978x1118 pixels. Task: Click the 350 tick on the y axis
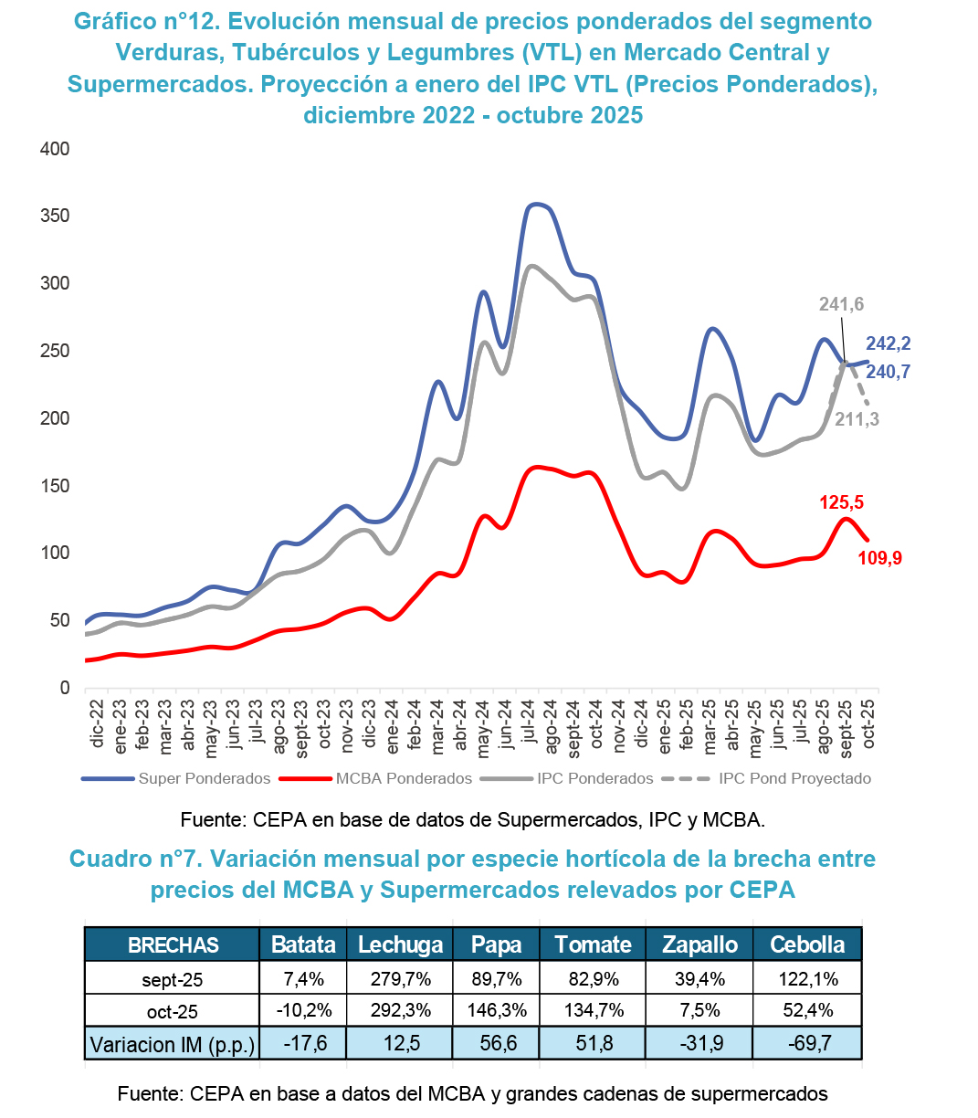pos(55,216)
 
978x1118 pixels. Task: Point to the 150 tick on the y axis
pos(55,486)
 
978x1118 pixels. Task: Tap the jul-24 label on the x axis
pos(529,727)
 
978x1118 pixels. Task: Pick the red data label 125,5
pos(841,502)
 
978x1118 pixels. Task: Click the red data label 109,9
pos(879,558)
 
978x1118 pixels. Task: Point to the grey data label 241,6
pos(841,304)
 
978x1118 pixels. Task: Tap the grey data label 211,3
pos(857,419)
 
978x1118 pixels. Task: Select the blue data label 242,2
pos(888,343)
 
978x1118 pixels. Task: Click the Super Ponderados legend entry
pos(204,779)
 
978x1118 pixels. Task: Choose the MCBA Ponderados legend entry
pos(404,779)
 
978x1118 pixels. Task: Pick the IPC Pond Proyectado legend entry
pos(794,779)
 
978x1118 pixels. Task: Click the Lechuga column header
pos(400,944)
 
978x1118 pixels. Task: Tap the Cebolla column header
pos(807,944)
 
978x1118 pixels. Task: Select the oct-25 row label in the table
pos(172,1012)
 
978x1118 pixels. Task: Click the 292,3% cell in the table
pos(400,1011)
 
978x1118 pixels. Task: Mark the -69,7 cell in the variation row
pos(807,1043)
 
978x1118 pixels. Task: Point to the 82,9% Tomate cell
pos(594,979)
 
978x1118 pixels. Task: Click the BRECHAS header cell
pos(173,945)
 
